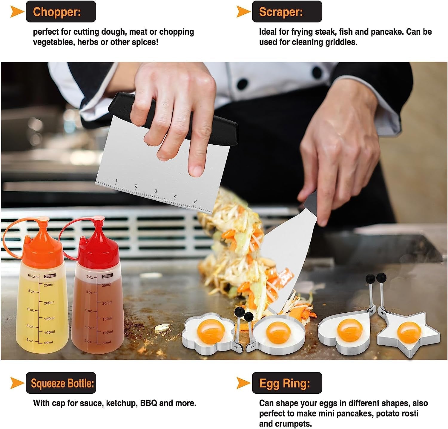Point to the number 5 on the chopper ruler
tap(195, 201)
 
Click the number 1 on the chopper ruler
tap(116, 180)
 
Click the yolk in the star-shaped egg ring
tap(409, 331)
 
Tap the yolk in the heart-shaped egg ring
tap(350, 330)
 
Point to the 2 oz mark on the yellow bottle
tap(30, 340)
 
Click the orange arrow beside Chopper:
tap(17, 12)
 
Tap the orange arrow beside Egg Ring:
tap(243, 383)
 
